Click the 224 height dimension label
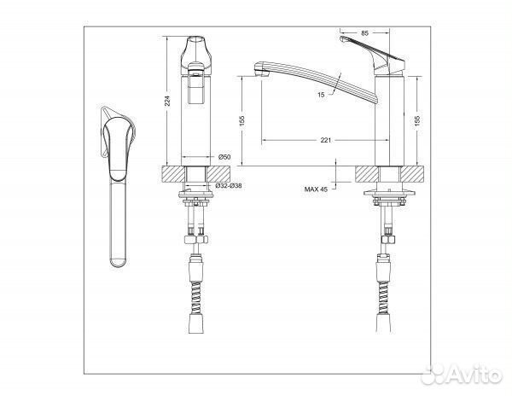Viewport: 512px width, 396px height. click(x=167, y=101)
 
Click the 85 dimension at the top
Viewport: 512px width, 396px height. click(x=364, y=32)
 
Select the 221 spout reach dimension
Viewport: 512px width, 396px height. click(x=326, y=140)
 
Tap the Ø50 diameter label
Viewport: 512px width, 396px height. click(x=224, y=157)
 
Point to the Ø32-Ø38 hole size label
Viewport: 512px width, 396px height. click(x=229, y=186)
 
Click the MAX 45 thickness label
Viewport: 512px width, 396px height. click(x=316, y=189)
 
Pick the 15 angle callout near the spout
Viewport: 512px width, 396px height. click(x=321, y=95)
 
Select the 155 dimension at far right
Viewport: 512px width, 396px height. click(x=417, y=120)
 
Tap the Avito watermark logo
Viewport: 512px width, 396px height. click(x=462, y=375)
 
